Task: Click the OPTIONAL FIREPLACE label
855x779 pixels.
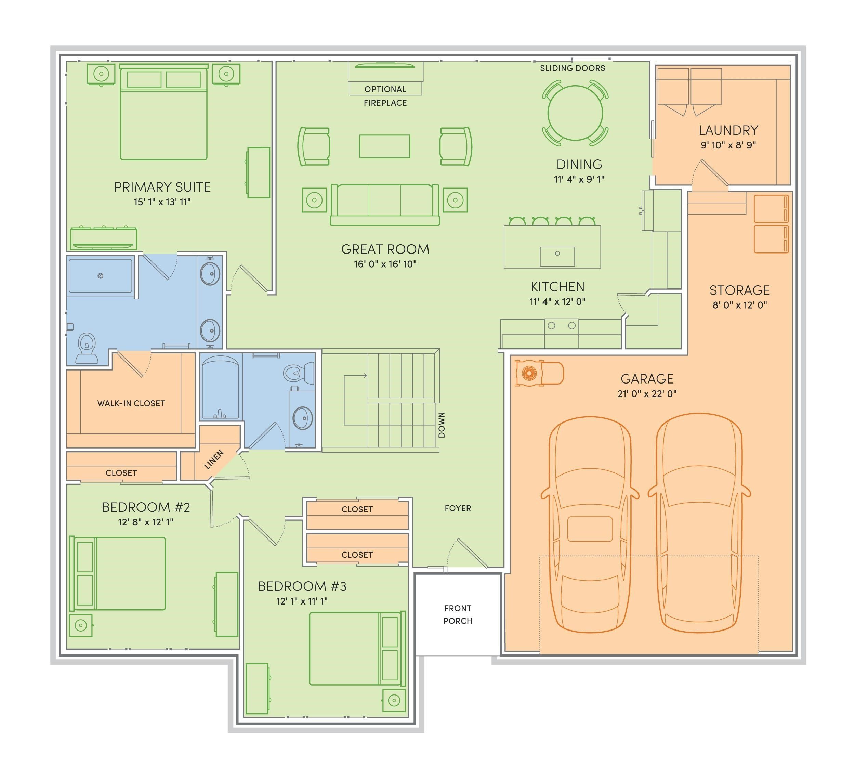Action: [385, 96]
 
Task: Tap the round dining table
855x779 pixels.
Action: [575, 113]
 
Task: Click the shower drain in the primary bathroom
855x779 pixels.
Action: [101, 276]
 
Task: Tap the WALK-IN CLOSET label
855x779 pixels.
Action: [131, 403]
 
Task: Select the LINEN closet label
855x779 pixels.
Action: [214, 460]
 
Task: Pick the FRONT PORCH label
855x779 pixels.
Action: [458, 614]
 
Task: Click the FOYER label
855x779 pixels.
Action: [458, 508]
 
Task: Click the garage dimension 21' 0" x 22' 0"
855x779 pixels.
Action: [647, 394]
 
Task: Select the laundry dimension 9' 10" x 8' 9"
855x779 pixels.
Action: [728, 145]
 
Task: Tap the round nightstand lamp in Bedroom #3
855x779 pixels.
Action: [394, 701]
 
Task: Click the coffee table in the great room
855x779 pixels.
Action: [385, 146]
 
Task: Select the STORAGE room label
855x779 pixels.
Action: [739, 290]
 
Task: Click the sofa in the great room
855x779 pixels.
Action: [385, 205]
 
